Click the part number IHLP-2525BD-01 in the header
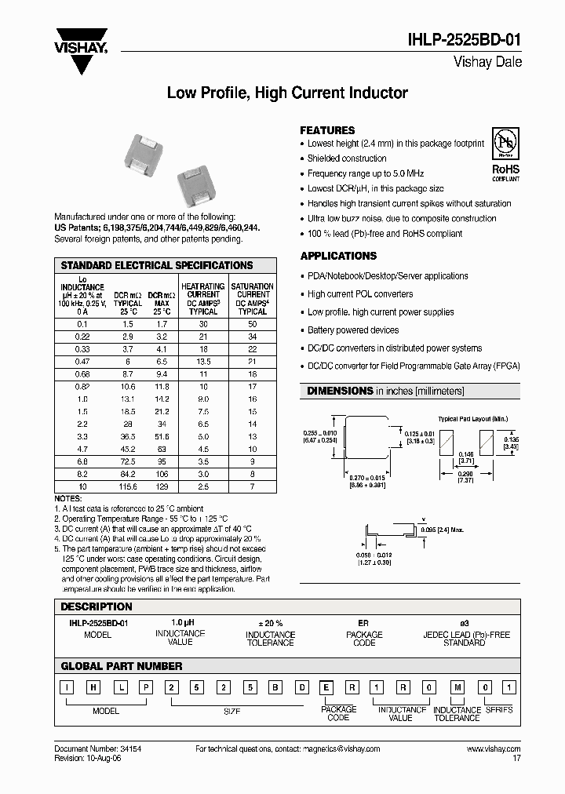pyautogui.click(x=463, y=42)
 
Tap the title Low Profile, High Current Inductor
pyautogui.click(x=287, y=93)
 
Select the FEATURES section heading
pyautogui.click(x=327, y=130)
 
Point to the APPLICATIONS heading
pyautogui.click(x=338, y=256)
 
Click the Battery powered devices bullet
pyautogui.click(x=353, y=330)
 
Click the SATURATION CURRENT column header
pyautogui.click(x=253, y=299)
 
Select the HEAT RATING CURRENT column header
pyautogui.click(x=203, y=299)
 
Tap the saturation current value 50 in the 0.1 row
pyautogui.click(x=252, y=324)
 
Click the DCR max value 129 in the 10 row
pyautogui.click(x=162, y=488)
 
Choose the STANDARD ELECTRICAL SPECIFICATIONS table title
pyautogui.click(x=157, y=266)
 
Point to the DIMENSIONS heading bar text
pyautogui.click(x=385, y=391)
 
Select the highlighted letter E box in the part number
pyautogui.click(x=326, y=688)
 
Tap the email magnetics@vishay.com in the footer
pyautogui.click(x=330, y=749)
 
